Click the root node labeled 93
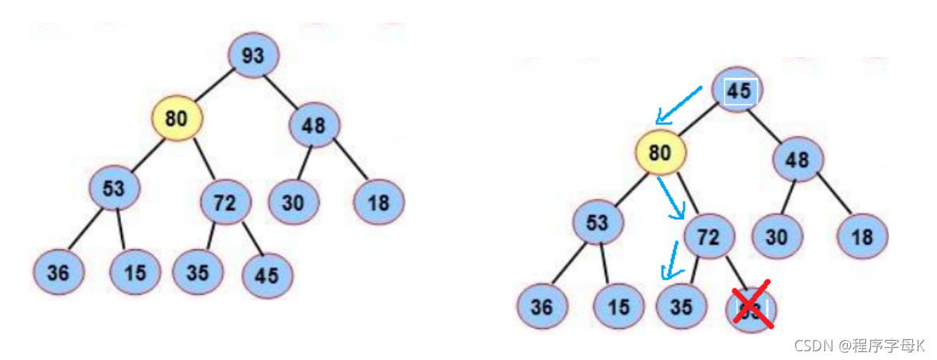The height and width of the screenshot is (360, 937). coord(252,56)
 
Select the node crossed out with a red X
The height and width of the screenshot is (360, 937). coord(752,307)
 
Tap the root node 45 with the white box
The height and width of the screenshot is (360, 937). coord(737,90)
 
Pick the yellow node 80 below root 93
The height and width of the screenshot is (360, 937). coord(177,119)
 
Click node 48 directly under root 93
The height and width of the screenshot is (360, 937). coord(314,126)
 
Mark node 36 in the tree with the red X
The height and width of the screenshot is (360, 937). coord(541,307)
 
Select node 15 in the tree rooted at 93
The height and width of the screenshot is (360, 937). coord(135,272)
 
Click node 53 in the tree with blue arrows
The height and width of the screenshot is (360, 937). coord(596,223)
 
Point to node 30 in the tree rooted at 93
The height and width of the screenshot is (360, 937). coord(292,202)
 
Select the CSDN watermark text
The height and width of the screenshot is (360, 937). coord(860,345)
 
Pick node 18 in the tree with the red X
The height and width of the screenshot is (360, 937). coord(861,237)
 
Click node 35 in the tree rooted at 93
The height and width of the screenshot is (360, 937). coord(197,272)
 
